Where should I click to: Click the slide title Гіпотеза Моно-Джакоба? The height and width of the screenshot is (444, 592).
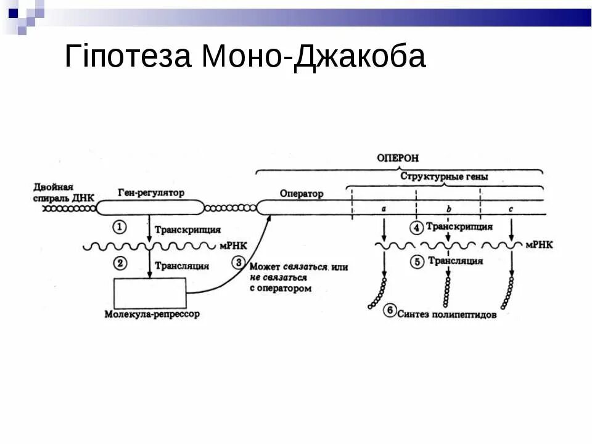click(x=245, y=57)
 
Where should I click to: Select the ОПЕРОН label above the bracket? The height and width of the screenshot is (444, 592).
click(x=398, y=158)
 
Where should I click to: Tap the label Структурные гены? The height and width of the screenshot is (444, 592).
click(x=444, y=177)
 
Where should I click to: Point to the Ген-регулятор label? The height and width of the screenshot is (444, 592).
click(x=151, y=193)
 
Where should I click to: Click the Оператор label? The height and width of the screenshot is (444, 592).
click(x=302, y=194)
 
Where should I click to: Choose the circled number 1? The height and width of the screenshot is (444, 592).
click(x=120, y=227)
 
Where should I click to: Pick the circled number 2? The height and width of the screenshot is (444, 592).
click(x=120, y=263)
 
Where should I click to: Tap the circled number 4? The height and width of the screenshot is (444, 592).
click(x=416, y=228)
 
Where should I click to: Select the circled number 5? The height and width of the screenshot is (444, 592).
click(x=416, y=262)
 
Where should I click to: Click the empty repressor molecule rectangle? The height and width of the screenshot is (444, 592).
click(x=150, y=292)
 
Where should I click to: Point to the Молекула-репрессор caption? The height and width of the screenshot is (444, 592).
click(x=152, y=314)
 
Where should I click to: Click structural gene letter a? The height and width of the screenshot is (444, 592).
click(x=384, y=209)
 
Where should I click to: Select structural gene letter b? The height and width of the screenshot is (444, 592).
click(x=448, y=209)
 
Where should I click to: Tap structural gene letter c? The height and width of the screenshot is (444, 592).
click(x=511, y=209)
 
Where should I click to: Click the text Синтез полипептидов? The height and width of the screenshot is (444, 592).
click(x=446, y=314)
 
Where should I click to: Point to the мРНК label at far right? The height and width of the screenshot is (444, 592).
click(x=540, y=245)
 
